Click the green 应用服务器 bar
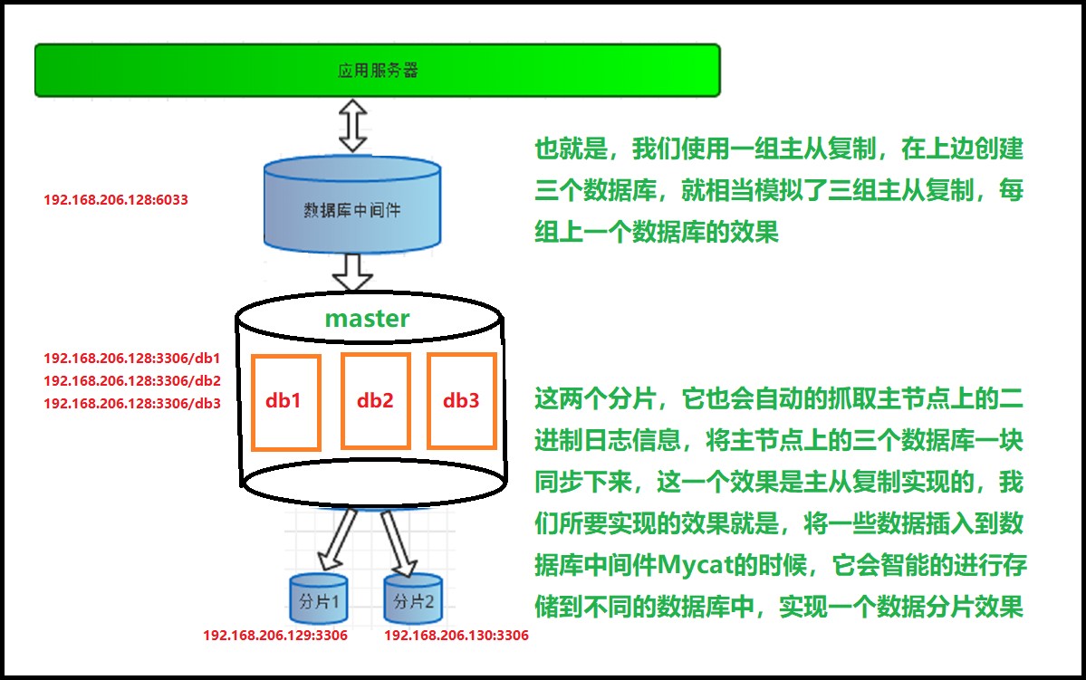(x=377, y=70)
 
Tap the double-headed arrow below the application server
(x=351, y=126)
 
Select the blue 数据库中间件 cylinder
(x=351, y=206)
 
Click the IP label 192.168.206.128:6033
(x=116, y=199)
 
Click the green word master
(x=367, y=318)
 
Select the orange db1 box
(x=286, y=401)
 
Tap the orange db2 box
(x=375, y=401)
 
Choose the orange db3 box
(x=462, y=401)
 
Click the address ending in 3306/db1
(x=132, y=359)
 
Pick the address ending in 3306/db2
(x=132, y=381)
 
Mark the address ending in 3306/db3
(x=132, y=404)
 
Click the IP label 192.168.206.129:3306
(x=275, y=636)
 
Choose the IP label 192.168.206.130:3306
(x=457, y=636)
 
